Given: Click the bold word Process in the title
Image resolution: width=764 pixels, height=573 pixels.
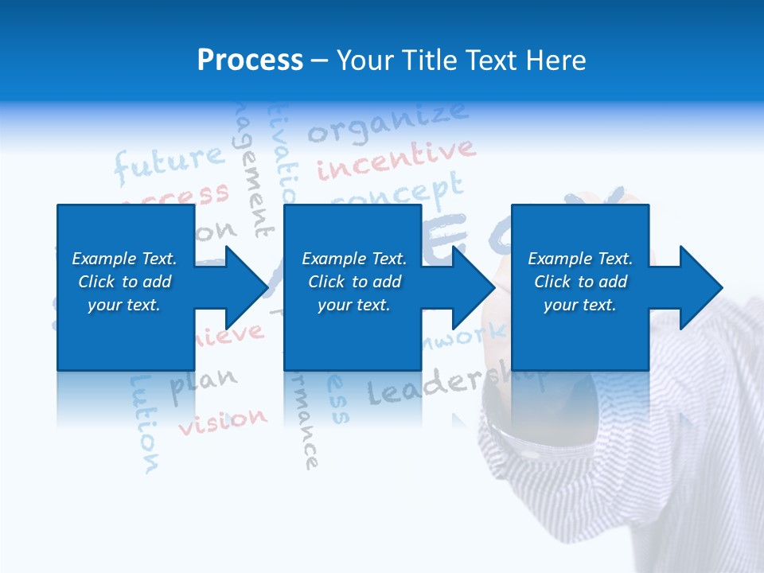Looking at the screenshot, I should click(x=250, y=60).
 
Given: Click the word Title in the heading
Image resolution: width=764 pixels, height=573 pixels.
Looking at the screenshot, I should click(x=424, y=60).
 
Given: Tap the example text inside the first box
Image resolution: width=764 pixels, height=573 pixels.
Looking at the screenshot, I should click(x=124, y=282).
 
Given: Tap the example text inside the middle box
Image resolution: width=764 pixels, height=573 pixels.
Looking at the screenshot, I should click(x=354, y=282).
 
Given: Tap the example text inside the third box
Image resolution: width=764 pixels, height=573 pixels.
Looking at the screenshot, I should click(x=580, y=282).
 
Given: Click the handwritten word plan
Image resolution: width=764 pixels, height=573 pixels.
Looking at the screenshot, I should click(x=204, y=383).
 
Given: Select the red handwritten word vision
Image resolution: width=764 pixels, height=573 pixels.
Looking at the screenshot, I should click(x=223, y=421).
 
